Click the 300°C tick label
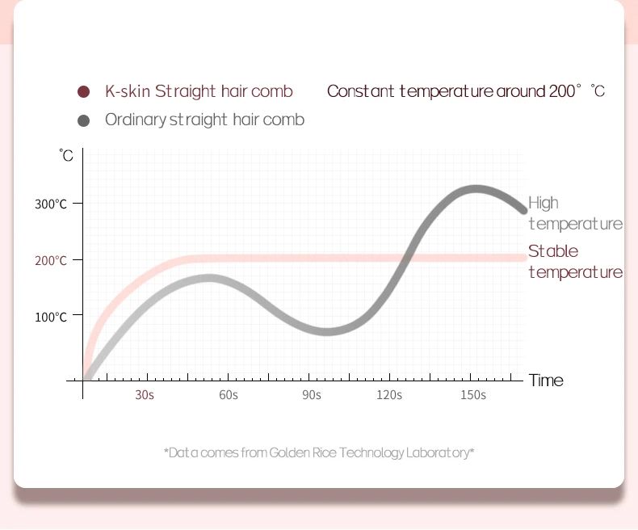click(x=51, y=204)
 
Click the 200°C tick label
click(x=51, y=261)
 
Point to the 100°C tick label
click(x=51, y=317)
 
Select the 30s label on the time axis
click(x=145, y=395)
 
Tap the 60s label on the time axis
click(x=229, y=395)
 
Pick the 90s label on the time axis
click(x=312, y=395)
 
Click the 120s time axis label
click(x=389, y=395)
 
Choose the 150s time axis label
click(x=473, y=395)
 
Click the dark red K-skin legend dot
click(x=83, y=91)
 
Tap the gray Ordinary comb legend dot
click(x=83, y=120)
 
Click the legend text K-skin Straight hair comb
click(x=199, y=91)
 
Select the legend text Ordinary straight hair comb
click(x=204, y=120)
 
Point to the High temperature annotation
click(x=574, y=213)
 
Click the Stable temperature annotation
click(x=574, y=261)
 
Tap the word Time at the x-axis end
click(x=546, y=381)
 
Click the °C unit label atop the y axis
click(x=66, y=156)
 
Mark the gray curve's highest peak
click(x=475, y=190)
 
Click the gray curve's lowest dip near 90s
click(x=326, y=331)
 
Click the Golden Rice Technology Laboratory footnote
click(x=319, y=452)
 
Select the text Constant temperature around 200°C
click(x=465, y=91)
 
